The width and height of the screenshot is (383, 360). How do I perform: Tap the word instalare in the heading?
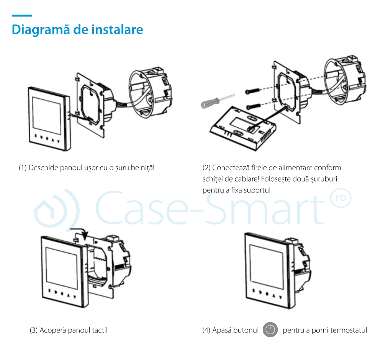tap(118, 29)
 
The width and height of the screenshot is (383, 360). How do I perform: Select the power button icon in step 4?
tap(270, 330)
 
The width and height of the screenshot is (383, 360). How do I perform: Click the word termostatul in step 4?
tap(348, 330)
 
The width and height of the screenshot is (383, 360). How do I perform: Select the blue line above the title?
tap(22, 16)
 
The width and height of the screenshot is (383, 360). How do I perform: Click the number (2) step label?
tap(206, 168)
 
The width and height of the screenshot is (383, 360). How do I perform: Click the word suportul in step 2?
tap(259, 190)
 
